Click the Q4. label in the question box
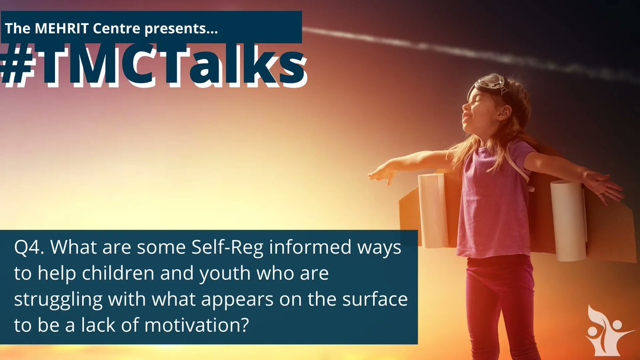click(29, 249)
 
